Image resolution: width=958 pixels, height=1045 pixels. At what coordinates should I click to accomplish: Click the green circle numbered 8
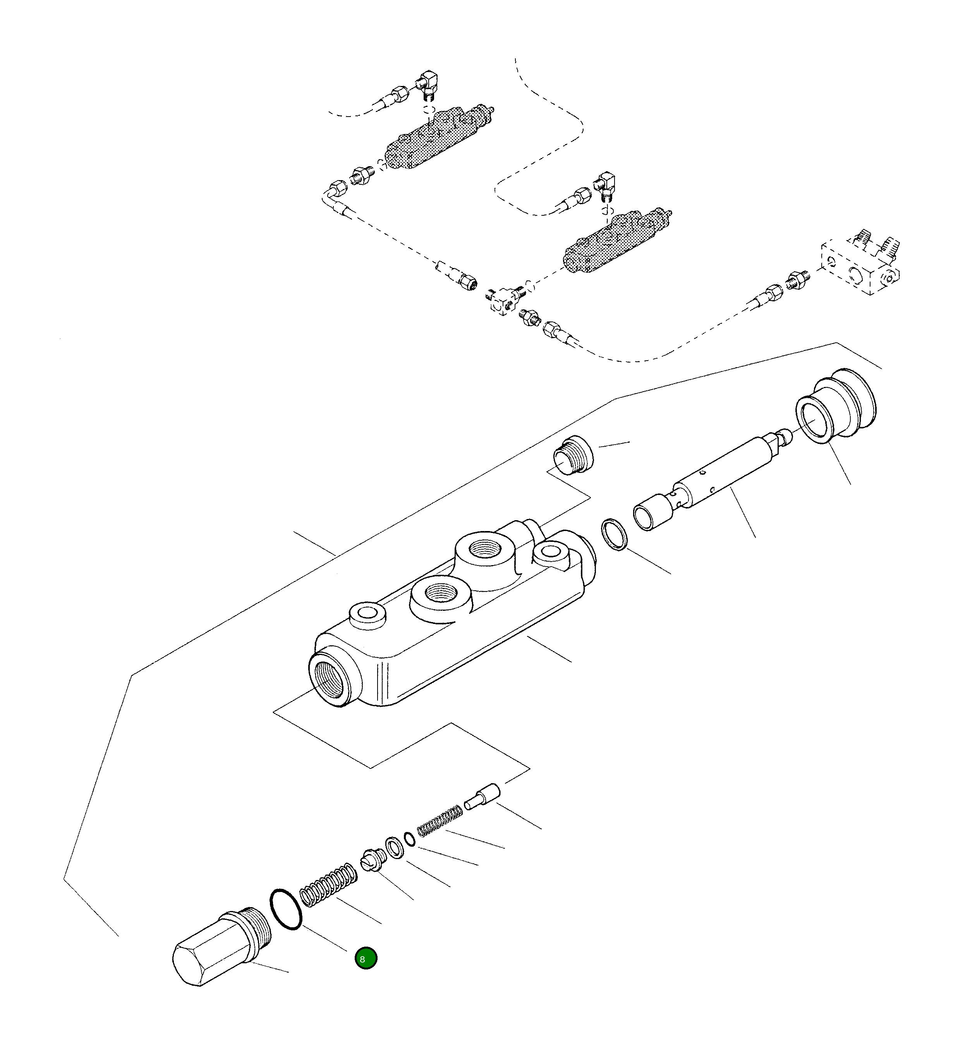[366, 958]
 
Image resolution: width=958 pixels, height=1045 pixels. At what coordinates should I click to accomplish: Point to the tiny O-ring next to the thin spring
[410, 839]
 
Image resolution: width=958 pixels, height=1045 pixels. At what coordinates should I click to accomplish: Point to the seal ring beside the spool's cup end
[614, 534]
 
